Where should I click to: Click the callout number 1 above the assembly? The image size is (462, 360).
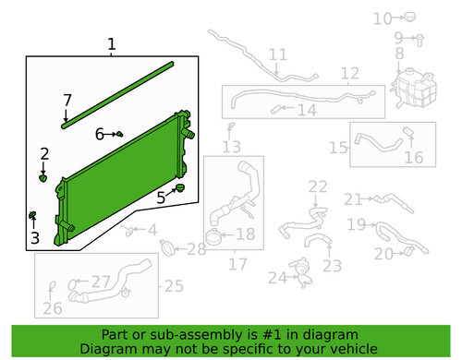click(x=112, y=44)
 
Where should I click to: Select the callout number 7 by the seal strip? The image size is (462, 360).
click(x=67, y=100)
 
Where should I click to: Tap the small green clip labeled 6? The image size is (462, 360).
click(x=120, y=134)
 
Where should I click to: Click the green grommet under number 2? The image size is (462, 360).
click(x=43, y=178)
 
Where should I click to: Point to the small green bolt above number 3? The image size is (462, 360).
click(x=32, y=214)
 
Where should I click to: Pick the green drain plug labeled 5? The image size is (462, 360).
click(x=179, y=187)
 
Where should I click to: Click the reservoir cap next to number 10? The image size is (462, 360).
click(x=409, y=17)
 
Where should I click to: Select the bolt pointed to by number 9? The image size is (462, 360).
click(x=419, y=41)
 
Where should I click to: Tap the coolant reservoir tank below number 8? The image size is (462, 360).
click(x=414, y=89)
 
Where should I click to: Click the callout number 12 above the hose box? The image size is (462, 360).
click(x=350, y=73)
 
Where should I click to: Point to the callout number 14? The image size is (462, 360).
click(x=307, y=110)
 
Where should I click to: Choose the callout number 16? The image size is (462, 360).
click(x=414, y=158)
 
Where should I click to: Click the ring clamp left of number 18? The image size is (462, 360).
click(x=213, y=237)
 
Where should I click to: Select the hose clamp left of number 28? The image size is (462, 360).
click(x=167, y=247)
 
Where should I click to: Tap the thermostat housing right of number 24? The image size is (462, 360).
click(x=301, y=272)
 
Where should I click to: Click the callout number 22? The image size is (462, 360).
click(x=318, y=186)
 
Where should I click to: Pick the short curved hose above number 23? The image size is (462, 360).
click(x=317, y=239)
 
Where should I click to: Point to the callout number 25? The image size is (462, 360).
click(x=174, y=286)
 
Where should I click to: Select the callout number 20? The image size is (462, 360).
click(x=383, y=254)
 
